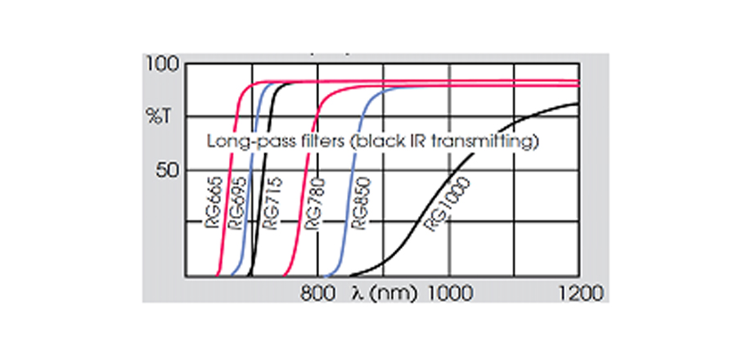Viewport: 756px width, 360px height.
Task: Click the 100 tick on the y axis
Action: (x=164, y=64)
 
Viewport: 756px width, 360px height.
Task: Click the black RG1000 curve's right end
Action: (x=578, y=104)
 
